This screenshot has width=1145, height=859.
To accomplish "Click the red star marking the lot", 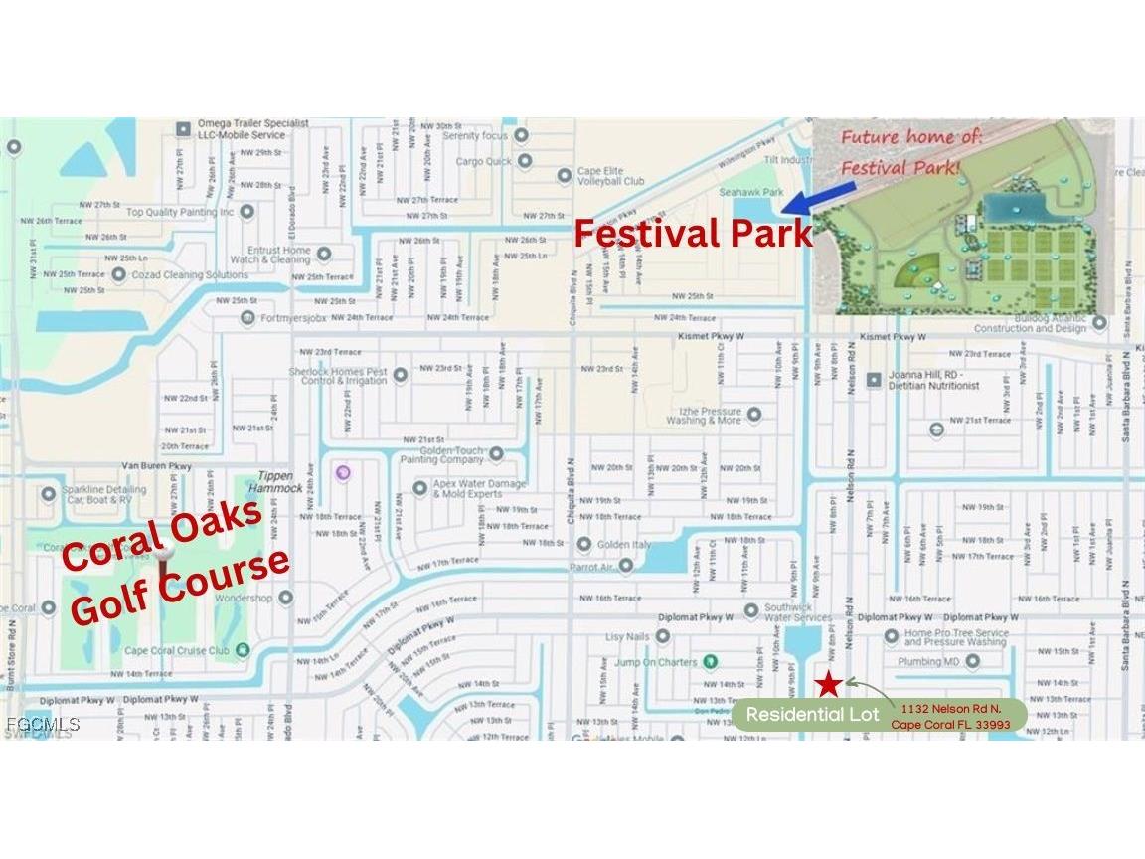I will [828, 683].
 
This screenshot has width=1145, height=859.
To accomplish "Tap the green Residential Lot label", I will [807, 715].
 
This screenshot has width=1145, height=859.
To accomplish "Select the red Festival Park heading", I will [693, 234].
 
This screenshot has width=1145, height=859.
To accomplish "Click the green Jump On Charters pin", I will [710, 661].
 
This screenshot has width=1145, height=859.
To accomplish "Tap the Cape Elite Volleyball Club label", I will [610, 176].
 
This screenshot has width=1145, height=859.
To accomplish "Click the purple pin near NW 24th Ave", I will [343, 472].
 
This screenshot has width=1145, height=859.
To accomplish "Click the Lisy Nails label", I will [627, 636].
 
